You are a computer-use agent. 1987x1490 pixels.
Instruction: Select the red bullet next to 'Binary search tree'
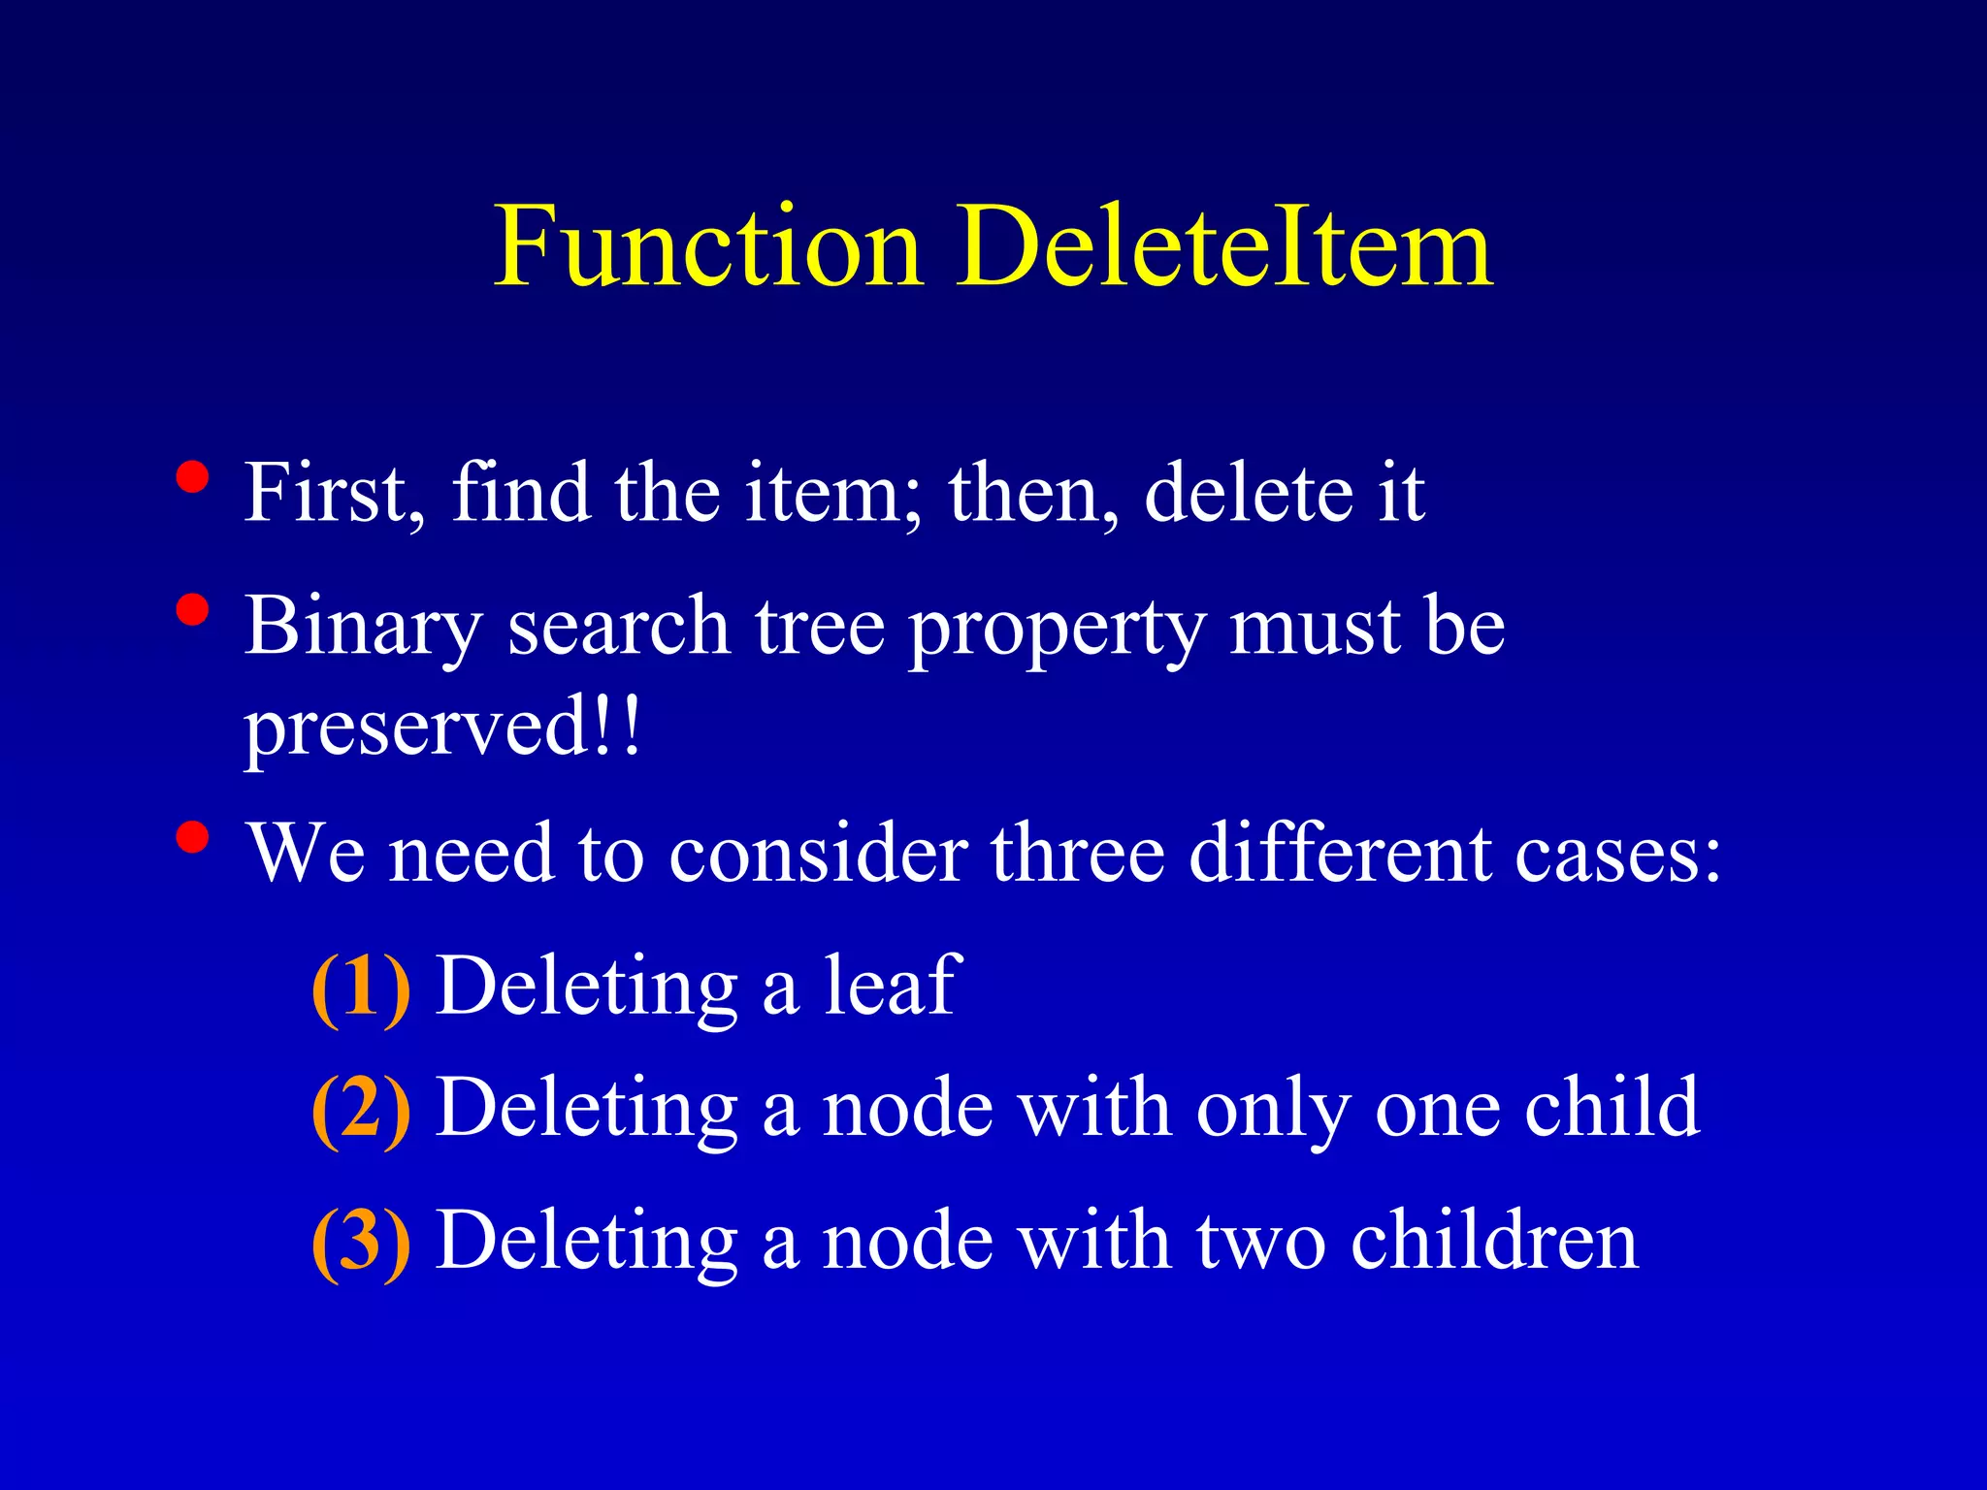[x=193, y=610]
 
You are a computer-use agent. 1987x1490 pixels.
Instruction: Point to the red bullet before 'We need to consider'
[x=193, y=837]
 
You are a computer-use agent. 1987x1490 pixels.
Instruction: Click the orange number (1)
[x=361, y=988]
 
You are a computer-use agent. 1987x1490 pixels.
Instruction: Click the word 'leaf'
[x=892, y=986]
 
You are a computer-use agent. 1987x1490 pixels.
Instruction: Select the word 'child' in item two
[x=1612, y=1107]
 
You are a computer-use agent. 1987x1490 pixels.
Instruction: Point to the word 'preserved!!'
[x=442, y=729]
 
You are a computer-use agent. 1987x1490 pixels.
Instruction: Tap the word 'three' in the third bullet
[x=1077, y=854]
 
